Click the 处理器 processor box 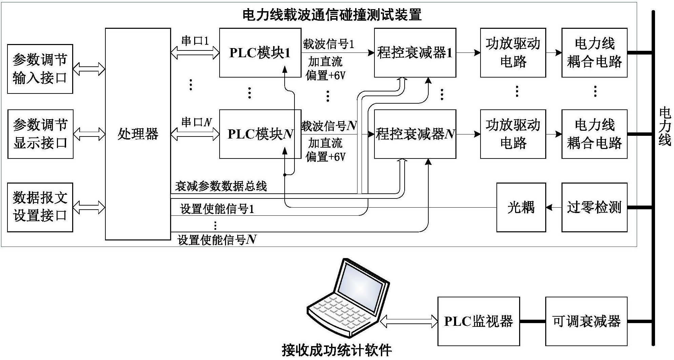(138, 134)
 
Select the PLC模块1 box (260, 53)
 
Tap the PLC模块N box (260, 134)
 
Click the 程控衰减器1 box (415, 53)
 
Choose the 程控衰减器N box (415, 134)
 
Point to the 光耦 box (521, 207)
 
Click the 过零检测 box (594, 207)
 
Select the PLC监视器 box (478, 321)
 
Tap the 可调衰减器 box (586, 321)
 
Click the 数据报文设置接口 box (40, 207)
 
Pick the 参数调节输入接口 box (40, 69)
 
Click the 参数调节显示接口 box (40, 134)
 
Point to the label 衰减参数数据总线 (221, 186)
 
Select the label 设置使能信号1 (217, 209)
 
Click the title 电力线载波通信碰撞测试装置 (332, 15)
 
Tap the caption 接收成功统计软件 (336, 350)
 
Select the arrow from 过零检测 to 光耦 (553, 207)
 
